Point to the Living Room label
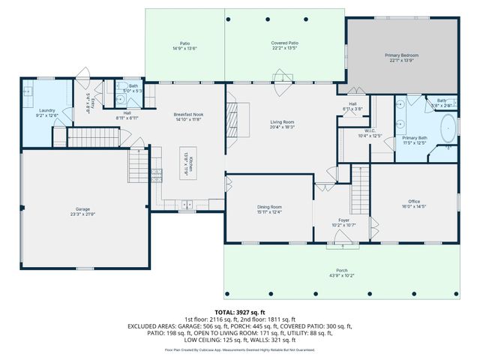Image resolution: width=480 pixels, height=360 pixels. [x=282, y=121]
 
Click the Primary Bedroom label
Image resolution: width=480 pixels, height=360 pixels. [x=401, y=55]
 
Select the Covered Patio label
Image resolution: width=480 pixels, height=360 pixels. [x=285, y=43]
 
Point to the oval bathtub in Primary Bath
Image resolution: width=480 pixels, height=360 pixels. [x=448, y=128]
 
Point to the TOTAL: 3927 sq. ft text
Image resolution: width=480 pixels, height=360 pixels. [x=240, y=312]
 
